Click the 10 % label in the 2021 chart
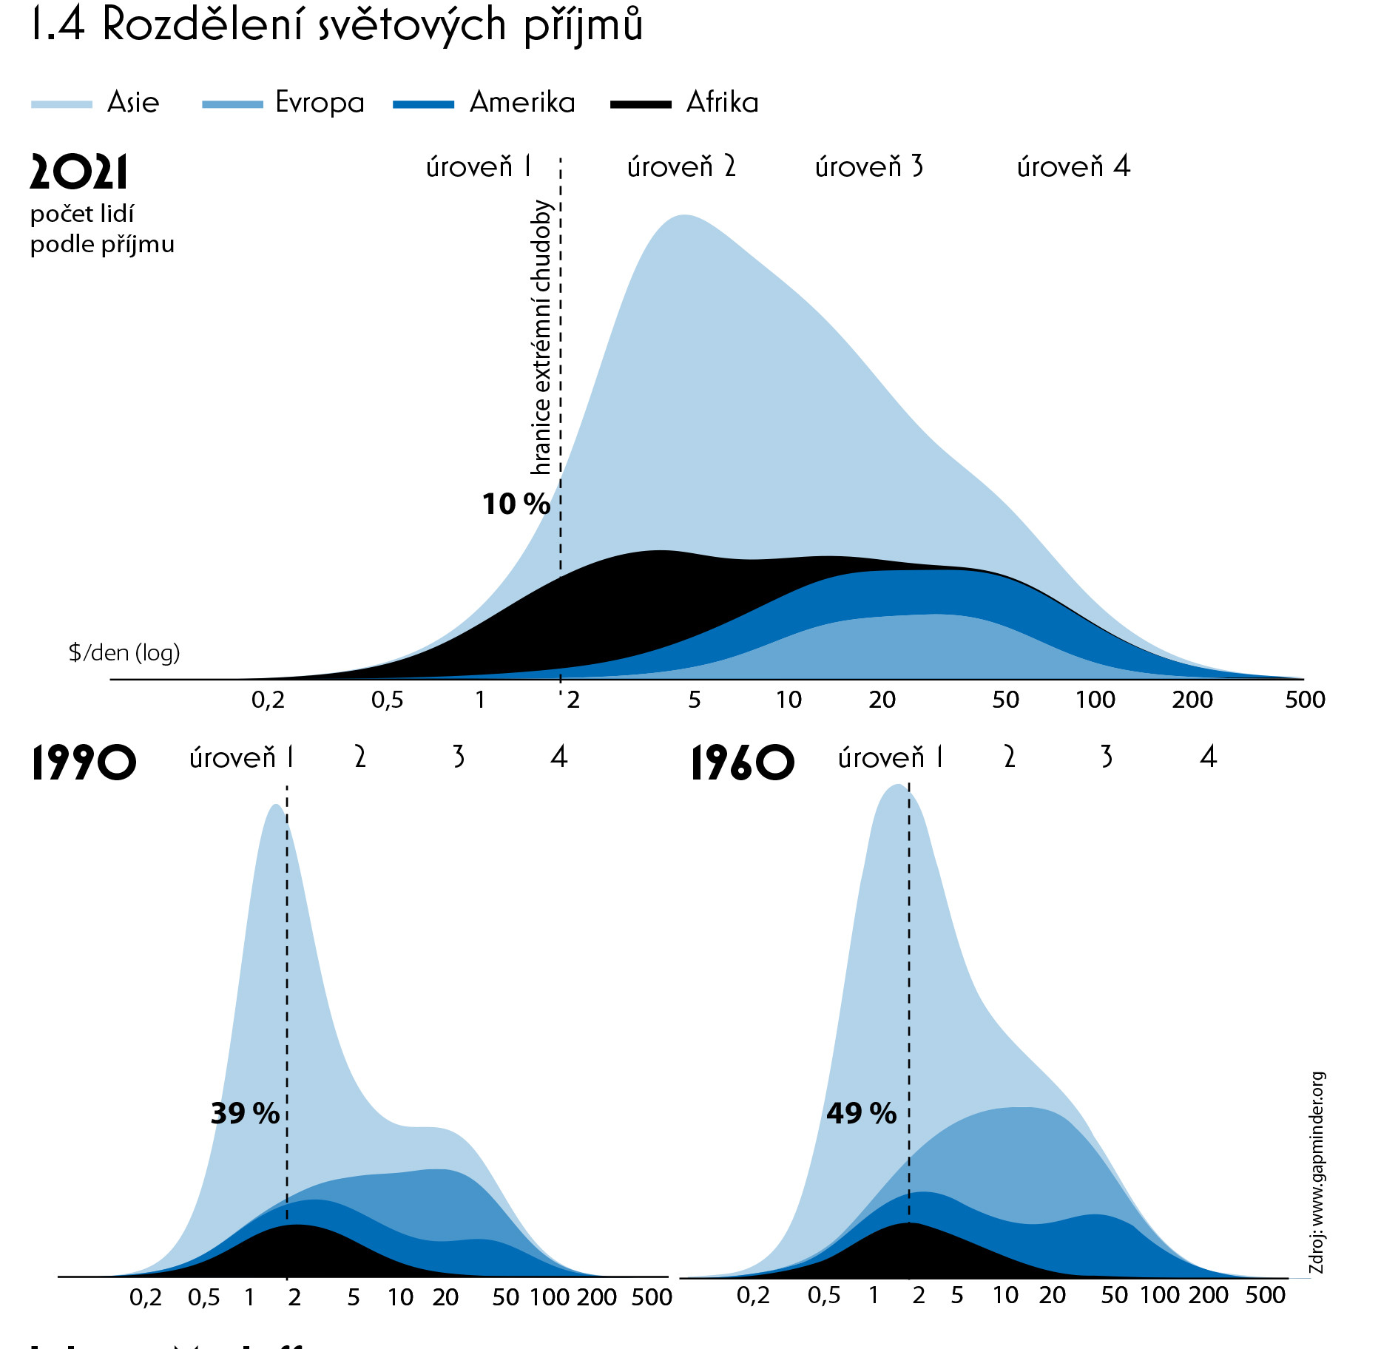(516, 504)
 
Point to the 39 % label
(245, 1113)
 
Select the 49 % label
(861, 1113)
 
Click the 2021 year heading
(78, 172)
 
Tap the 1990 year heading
(84, 763)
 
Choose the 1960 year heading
(742, 763)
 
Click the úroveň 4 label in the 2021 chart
(1073, 167)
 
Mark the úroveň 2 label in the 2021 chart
(681, 167)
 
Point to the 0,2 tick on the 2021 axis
(268, 700)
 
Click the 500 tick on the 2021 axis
(1305, 700)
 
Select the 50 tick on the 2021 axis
(1005, 700)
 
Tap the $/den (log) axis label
(124, 652)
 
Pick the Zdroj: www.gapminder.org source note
(1317, 1172)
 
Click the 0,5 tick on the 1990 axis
(203, 1297)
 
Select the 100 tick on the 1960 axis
(1159, 1295)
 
